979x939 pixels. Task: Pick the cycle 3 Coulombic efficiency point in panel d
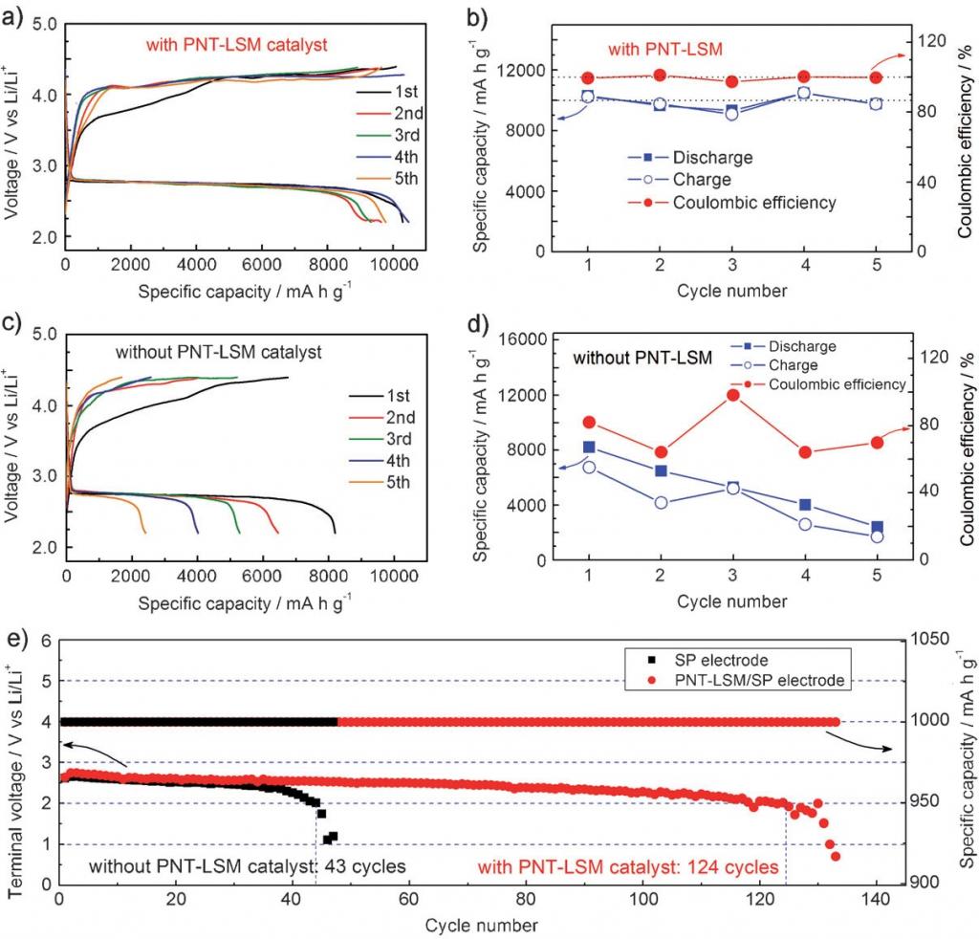[732, 395]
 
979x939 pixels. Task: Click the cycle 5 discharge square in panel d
[877, 527]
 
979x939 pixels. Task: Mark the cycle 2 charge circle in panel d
[661, 502]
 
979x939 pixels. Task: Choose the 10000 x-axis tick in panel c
[393, 577]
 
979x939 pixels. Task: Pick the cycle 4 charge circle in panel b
[804, 93]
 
